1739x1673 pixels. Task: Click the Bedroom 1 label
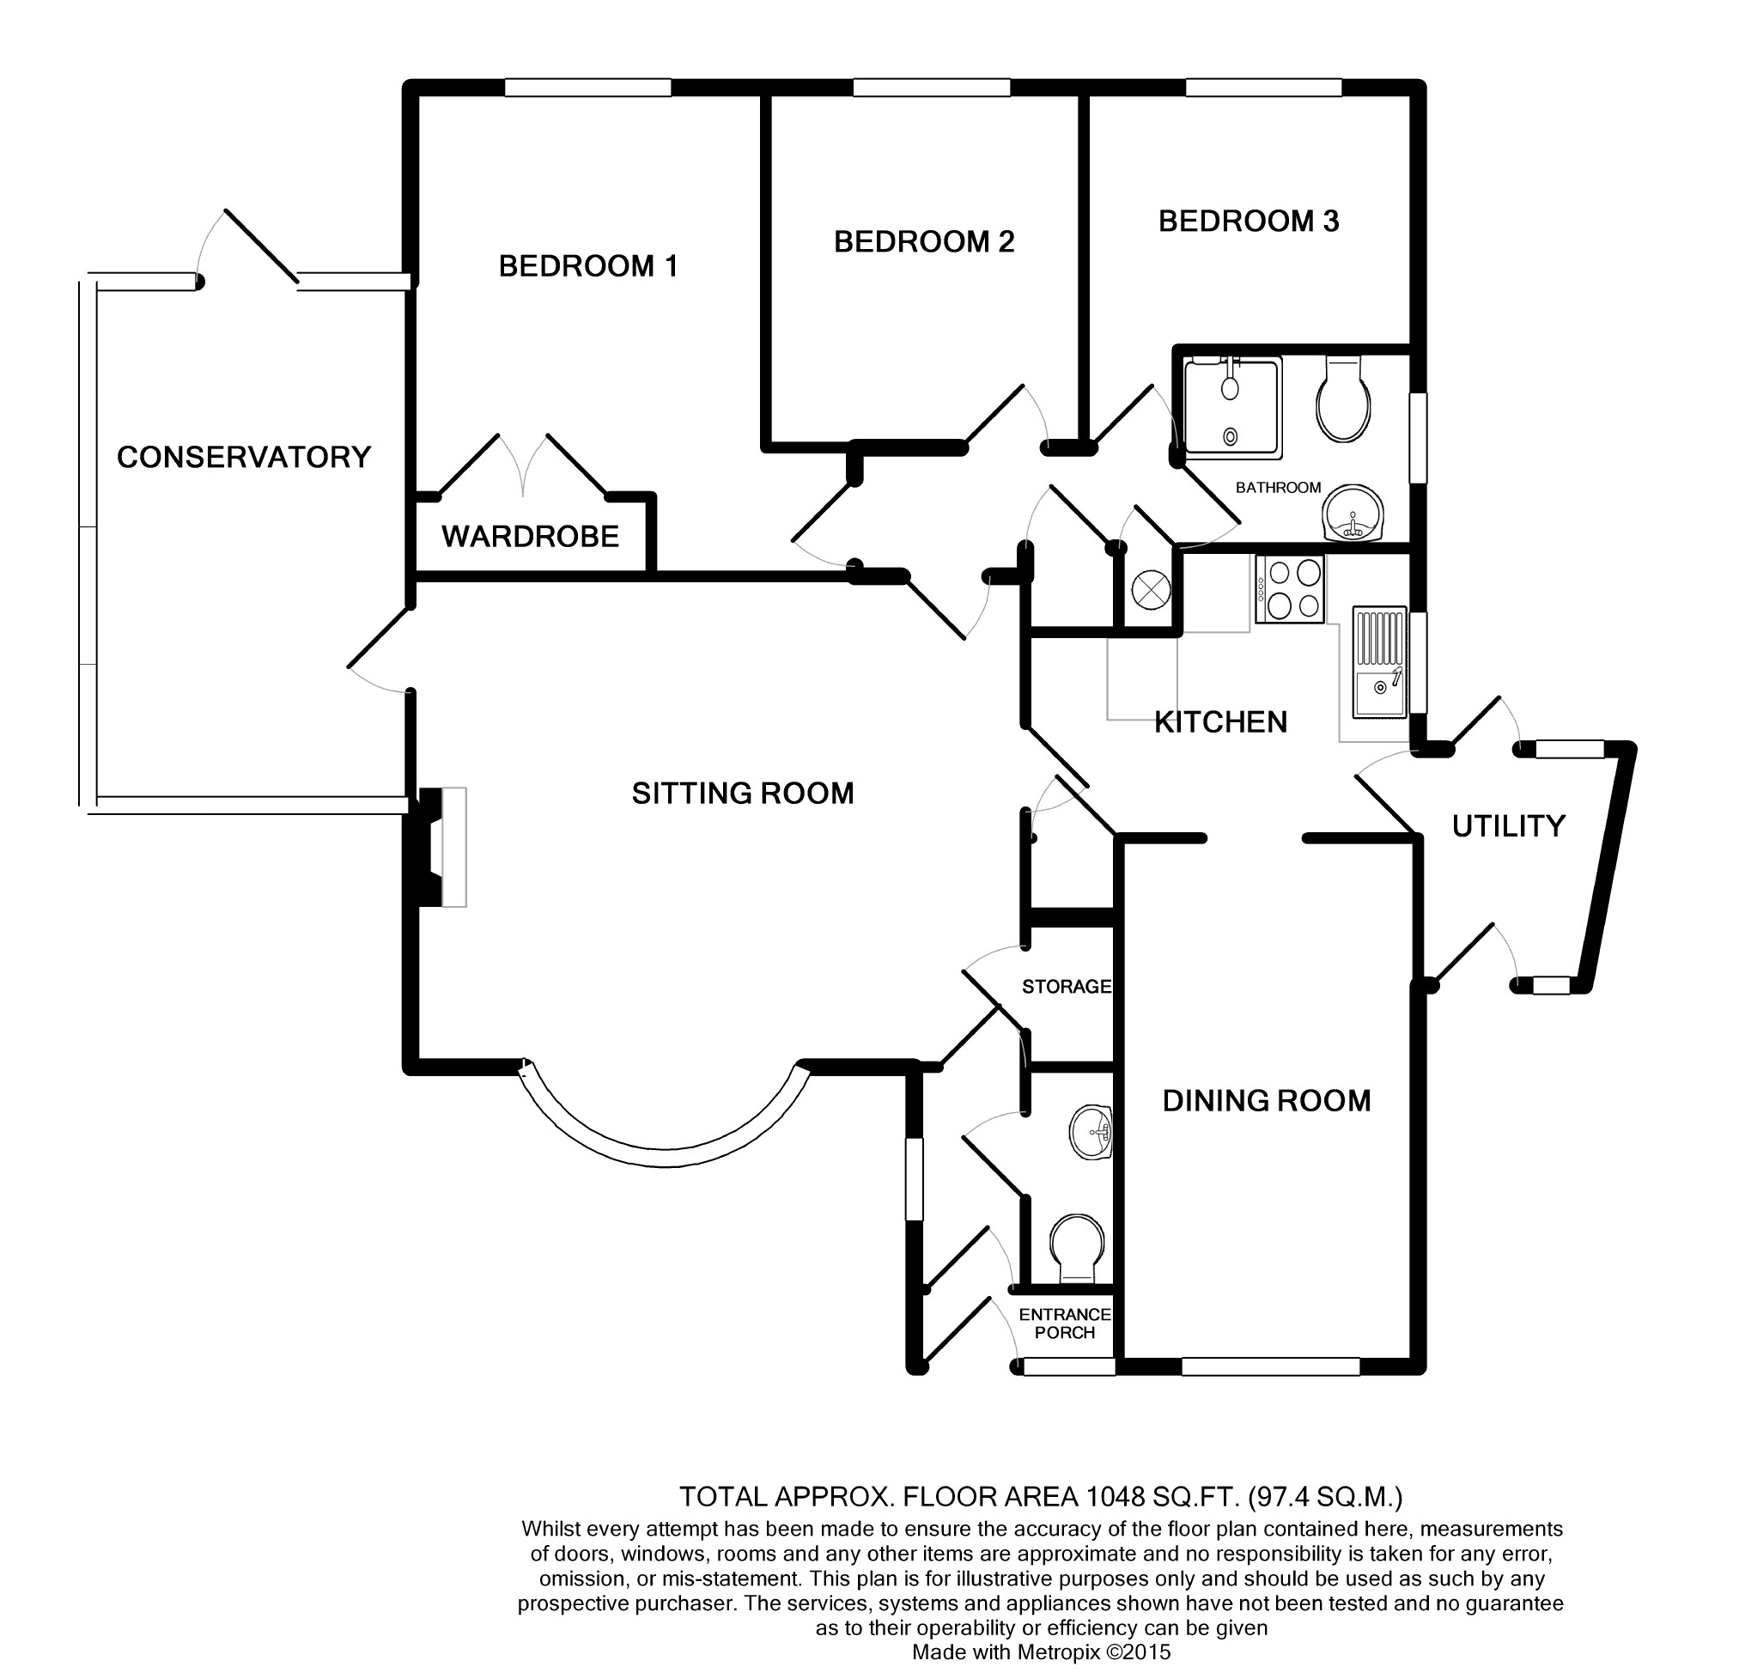[587, 266]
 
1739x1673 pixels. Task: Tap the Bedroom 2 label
[924, 241]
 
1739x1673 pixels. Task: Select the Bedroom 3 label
[1249, 221]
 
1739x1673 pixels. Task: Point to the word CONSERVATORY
[243, 457]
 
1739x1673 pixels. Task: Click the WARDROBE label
[530, 536]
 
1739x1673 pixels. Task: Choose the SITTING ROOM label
[743, 793]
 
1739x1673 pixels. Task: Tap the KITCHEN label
[1220, 721]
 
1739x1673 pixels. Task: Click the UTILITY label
[1508, 826]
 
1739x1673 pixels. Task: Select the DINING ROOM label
[1266, 1100]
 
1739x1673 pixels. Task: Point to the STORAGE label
[1067, 986]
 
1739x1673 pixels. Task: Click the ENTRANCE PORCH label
[1065, 1323]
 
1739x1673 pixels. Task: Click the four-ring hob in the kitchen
[1288, 588]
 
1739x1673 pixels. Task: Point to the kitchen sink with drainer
[1379, 661]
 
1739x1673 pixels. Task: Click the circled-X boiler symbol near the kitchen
[1152, 588]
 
